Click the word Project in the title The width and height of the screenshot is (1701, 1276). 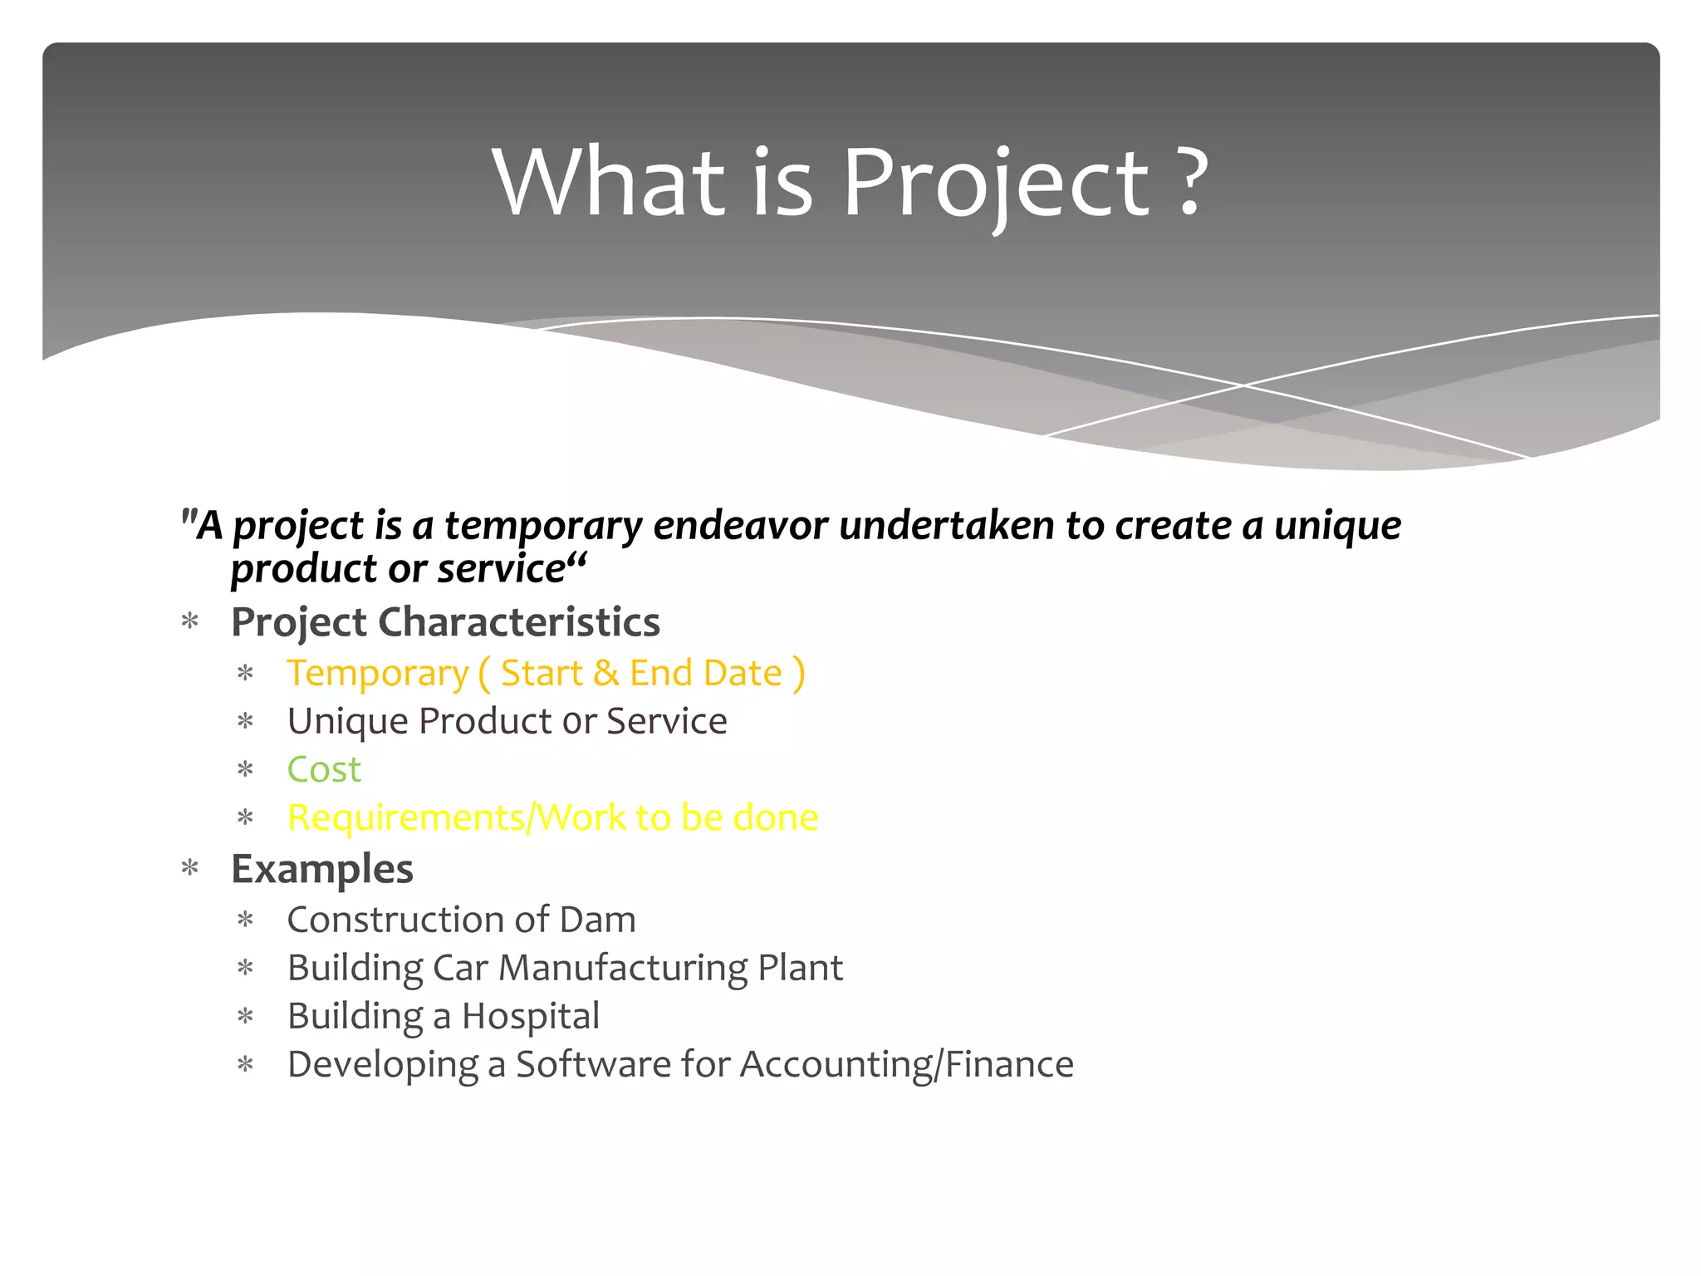pyautogui.click(x=997, y=184)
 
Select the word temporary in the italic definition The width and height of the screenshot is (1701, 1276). pyautogui.click(x=543, y=527)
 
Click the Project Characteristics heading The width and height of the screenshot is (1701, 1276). pyautogui.click(x=445, y=623)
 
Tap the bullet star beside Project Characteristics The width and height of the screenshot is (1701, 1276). pyautogui.click(x=190, y=623)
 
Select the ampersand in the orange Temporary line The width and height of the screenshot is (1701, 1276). pyautogui.click(x=606, y=673)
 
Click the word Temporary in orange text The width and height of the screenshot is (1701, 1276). pyautogui.click(x=378, y=675)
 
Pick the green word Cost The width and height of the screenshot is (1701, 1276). pyautogui.click(x=324, y=770)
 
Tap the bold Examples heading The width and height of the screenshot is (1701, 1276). pyautogui.click(x=321, y=870)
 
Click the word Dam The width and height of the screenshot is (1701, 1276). pyautogui.click(x=597, y=920)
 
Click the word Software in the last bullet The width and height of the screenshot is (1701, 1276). pyautogui.click(x=593, y=1065)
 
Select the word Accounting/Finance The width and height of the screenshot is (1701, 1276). pyautogui.click(x=906, y=1065)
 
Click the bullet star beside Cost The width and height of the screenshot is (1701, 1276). pyautogui.click(x=245, y=770)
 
